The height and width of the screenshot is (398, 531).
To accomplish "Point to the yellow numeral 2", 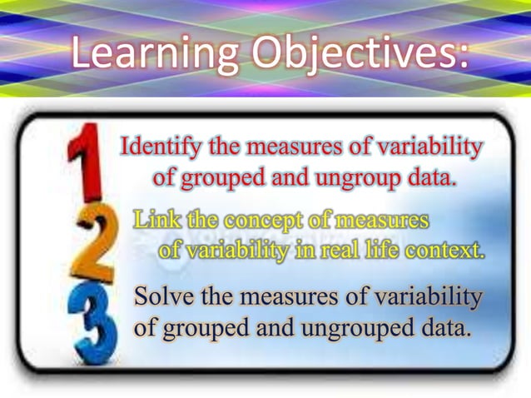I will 97,241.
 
